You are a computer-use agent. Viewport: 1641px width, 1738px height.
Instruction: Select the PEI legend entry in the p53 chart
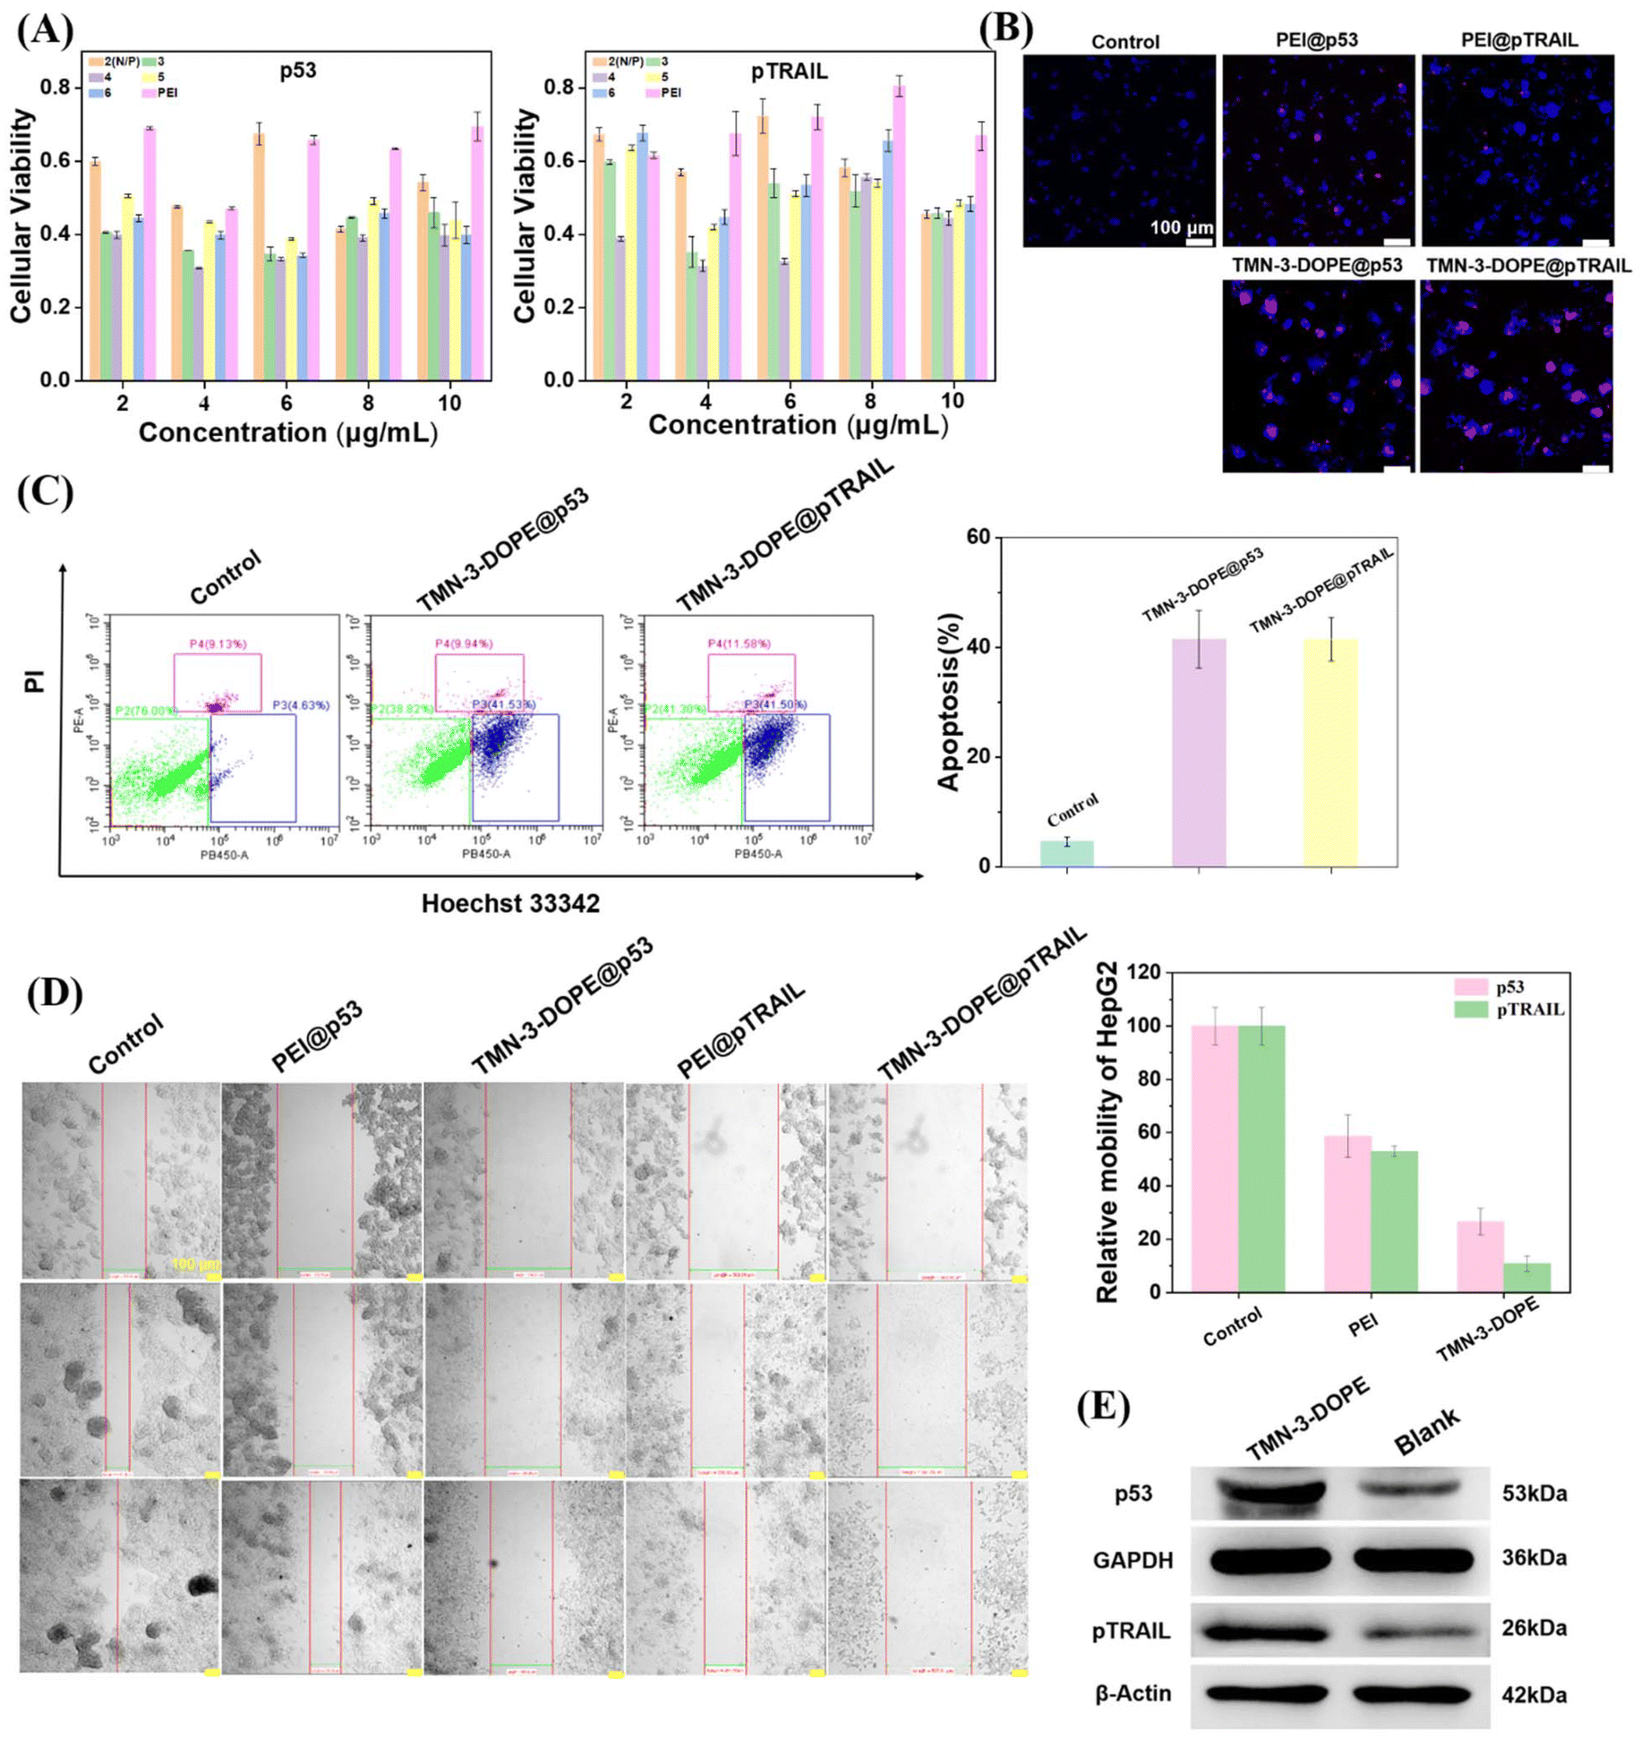(x=167, y=92)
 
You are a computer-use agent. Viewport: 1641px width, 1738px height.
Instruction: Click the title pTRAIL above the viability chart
(x=789, y=72)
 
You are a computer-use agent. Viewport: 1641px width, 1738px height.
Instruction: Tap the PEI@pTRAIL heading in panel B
(x=1518, y=40)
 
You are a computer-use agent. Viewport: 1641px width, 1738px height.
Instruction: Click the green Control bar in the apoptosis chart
(x=1065, y=853)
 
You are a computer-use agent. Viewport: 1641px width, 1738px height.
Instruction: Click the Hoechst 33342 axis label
(x=510, y=903)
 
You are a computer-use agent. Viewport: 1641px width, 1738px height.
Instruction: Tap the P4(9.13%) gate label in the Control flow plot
(x=218, y=643)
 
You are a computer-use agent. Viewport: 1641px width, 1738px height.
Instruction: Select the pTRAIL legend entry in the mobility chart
(x=1529, y=1010)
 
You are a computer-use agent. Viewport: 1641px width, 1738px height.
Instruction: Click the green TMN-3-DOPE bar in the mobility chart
(x=1526, y=1277)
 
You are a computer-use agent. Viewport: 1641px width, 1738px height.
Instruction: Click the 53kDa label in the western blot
(x=1534, y=1494)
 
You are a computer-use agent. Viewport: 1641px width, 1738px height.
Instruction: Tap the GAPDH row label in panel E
(x=1132, y=1561)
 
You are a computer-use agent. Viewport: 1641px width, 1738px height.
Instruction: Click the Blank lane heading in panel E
(x=1426, y=1433)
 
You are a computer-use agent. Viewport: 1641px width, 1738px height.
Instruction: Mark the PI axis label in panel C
(x=35, y=683)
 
